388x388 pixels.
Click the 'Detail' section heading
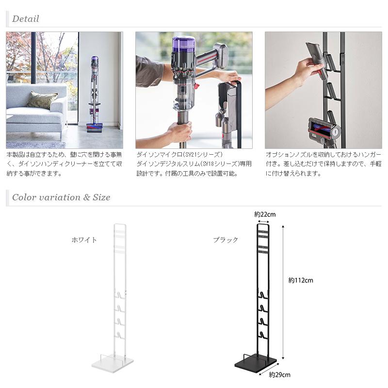click(x=25, y=19)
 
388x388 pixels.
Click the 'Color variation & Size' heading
click(x=61, y=197)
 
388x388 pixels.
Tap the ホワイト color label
click(x=84, y=240)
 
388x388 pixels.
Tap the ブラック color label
click(x=226, y=240)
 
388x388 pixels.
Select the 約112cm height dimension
click(x=301, y=280)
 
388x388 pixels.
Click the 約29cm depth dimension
click(x=279, y=374)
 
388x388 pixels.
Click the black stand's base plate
click(x=256, y=362)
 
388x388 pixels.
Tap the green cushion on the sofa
click(x=42, y=100)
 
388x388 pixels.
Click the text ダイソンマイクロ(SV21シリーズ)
click(x=179, y=154)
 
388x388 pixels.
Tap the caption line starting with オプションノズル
click(x=323, y=154)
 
